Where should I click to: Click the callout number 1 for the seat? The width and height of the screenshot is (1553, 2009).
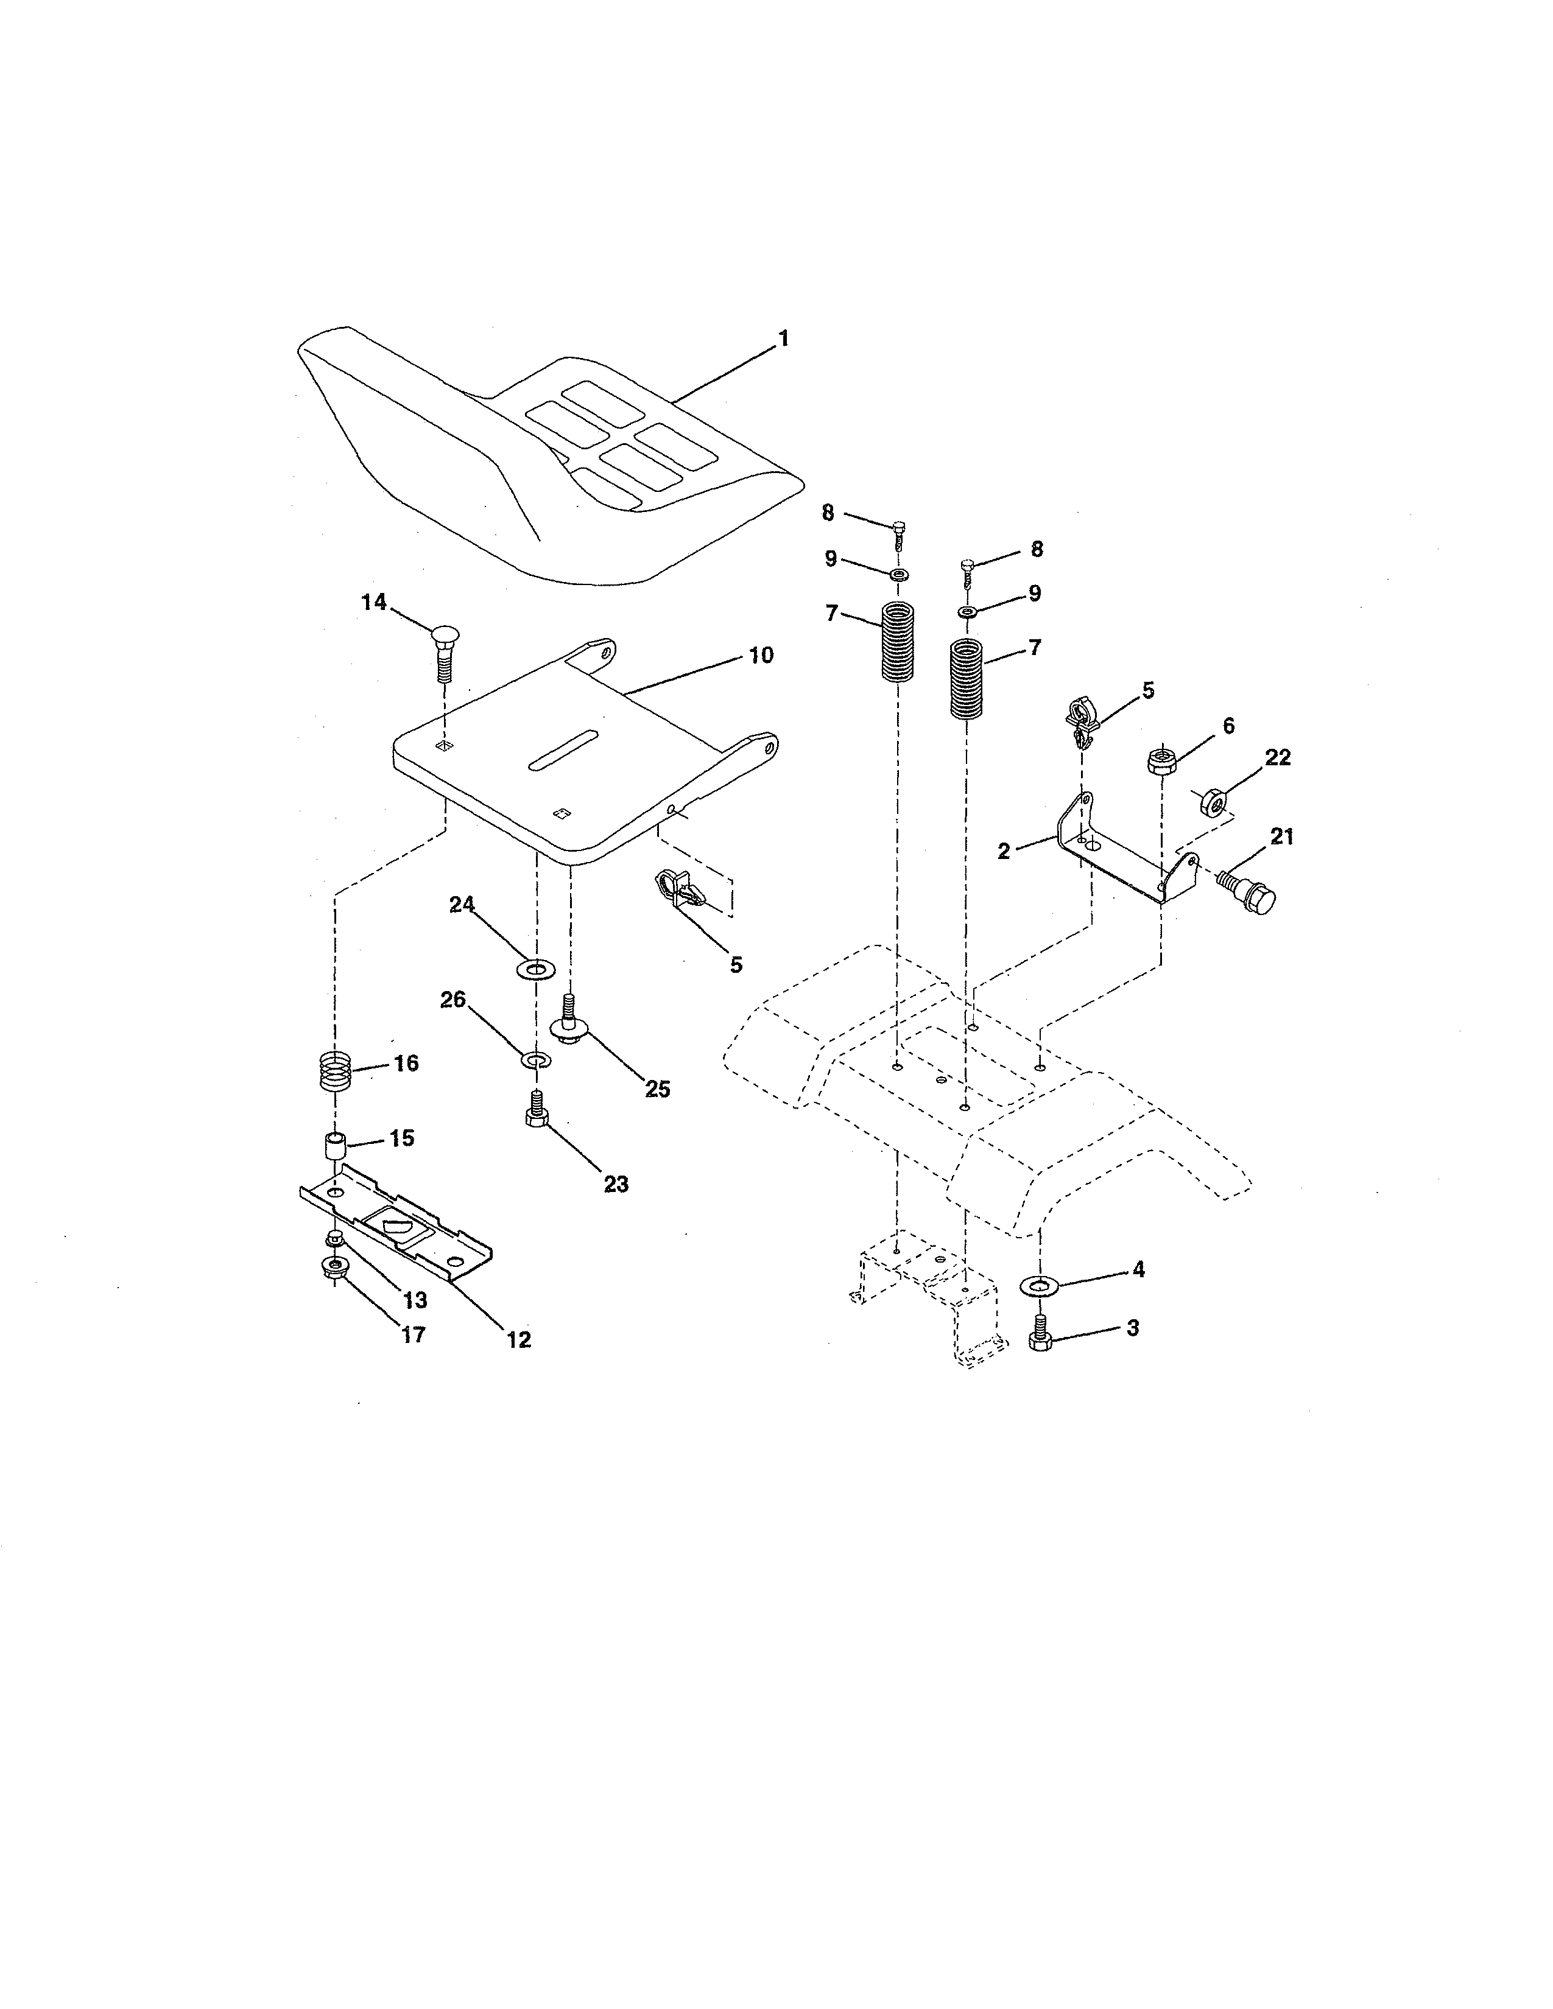point(783,338)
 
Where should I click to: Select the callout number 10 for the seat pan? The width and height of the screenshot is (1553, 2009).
point(761,656)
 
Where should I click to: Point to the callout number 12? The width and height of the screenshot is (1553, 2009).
point(519,1339)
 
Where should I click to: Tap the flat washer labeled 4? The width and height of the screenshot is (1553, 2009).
point(1039,1284)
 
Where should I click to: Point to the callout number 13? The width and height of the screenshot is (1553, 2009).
point(415,1300)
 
